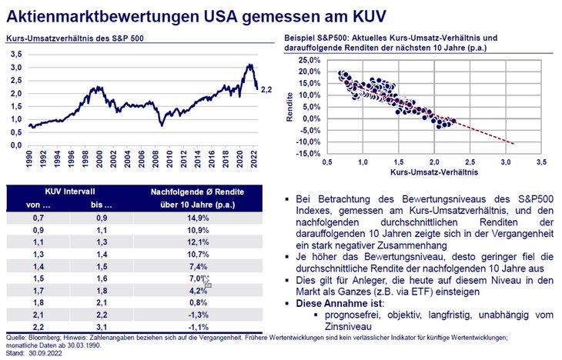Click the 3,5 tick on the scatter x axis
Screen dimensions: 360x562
[x=541, y=163]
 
